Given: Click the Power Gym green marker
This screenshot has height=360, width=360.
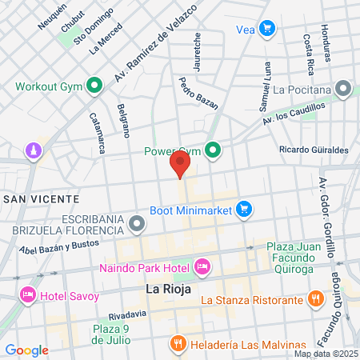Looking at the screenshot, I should [x=213, y=150].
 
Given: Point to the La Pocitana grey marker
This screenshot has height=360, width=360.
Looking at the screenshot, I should [x=344, y=89].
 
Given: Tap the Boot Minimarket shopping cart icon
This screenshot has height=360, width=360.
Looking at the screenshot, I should [x=245, y=210].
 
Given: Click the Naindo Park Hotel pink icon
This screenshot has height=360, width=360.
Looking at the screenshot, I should [x=202, y=265].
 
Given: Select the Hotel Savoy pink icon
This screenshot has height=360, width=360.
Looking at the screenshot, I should [x=28, y=295].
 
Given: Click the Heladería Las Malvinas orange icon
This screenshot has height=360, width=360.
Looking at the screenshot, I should [x=178, y=343].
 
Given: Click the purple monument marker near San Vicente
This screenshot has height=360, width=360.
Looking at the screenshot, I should [x=33, y=150].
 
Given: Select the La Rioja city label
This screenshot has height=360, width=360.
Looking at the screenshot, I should [x=169, y=289].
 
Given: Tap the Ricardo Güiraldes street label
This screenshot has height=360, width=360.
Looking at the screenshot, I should [x=314, y=150].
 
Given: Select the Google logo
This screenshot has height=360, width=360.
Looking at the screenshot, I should [x=26, y=350].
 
